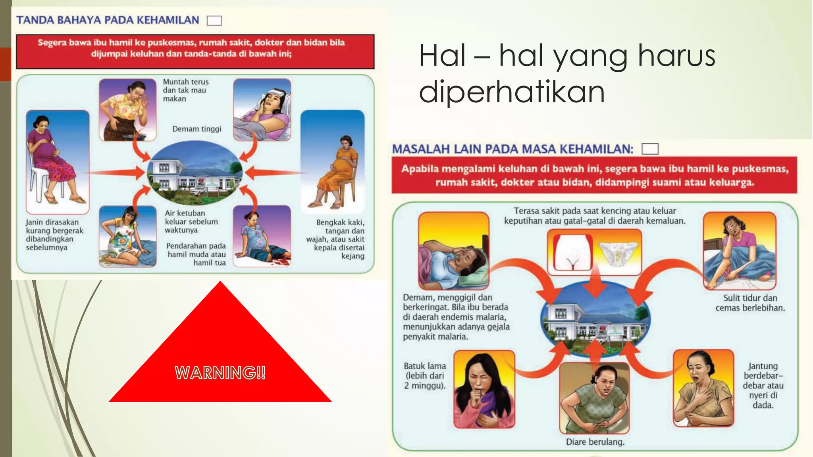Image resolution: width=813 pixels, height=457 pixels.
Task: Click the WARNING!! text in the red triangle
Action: click(220, 373)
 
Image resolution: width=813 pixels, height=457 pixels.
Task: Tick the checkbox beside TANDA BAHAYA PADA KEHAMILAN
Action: click(214, 21)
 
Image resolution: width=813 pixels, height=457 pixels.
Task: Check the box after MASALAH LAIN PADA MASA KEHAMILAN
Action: click(650, 149)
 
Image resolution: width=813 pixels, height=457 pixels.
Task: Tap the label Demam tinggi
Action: click(197, 129)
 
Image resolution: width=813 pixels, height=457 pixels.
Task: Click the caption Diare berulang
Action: click(595, 442)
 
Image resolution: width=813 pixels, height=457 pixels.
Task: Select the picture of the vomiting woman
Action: click(127, 109)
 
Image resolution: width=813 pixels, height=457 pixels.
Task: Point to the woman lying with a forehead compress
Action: click(262, 109)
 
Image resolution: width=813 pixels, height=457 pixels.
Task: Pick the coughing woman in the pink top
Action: click(484, 389)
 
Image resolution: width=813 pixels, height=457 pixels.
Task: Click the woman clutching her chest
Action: click(703, 388)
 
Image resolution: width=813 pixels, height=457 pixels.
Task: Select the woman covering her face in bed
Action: click(739, 251)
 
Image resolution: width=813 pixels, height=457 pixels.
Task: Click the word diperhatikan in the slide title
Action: click(512, 92)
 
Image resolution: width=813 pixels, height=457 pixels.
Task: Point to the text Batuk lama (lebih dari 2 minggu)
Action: click(425, 375)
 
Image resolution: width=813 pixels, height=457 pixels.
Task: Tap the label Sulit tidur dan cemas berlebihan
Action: click(750, 303)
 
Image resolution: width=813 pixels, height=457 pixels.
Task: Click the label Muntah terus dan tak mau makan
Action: click(185, 90)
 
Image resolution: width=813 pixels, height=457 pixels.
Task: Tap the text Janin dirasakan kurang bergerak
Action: click(54, 234)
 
